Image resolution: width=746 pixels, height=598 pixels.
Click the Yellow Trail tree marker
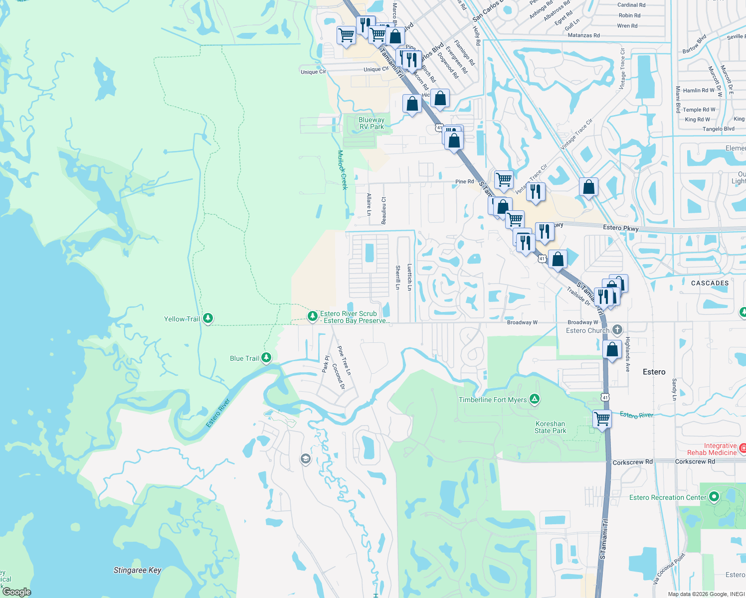pos(208,318)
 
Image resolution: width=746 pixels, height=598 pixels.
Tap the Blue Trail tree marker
pos(266,357)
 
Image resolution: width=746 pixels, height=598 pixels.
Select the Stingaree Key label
pos(137,570)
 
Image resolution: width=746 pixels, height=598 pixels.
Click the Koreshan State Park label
pos(550,428)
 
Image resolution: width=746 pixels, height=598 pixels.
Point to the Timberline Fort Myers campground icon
pos(535,399)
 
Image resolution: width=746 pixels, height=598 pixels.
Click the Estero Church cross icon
pos(617,329)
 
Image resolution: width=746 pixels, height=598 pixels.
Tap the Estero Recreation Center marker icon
pos(714,497)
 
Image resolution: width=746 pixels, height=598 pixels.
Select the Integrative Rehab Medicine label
pos(712,449)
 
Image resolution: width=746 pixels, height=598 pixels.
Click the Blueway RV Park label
pos(372,123)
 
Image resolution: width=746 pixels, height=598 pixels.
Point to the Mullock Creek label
pos(342,170)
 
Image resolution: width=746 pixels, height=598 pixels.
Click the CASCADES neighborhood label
pos(710,283)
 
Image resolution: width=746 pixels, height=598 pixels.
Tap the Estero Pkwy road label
pos(620,228)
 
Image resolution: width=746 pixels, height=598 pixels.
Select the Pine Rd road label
pos(464,181)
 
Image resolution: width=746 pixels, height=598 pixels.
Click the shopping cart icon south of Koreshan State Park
pos(602,419)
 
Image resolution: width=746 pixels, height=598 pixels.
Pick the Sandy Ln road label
pos(674,389)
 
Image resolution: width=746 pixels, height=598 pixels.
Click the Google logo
pos(16,592)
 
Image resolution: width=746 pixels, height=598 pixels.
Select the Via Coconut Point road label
pos(669,568)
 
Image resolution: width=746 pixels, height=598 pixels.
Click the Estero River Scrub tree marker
pos(312,316)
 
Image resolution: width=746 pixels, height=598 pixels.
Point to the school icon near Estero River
pos(306,458)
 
